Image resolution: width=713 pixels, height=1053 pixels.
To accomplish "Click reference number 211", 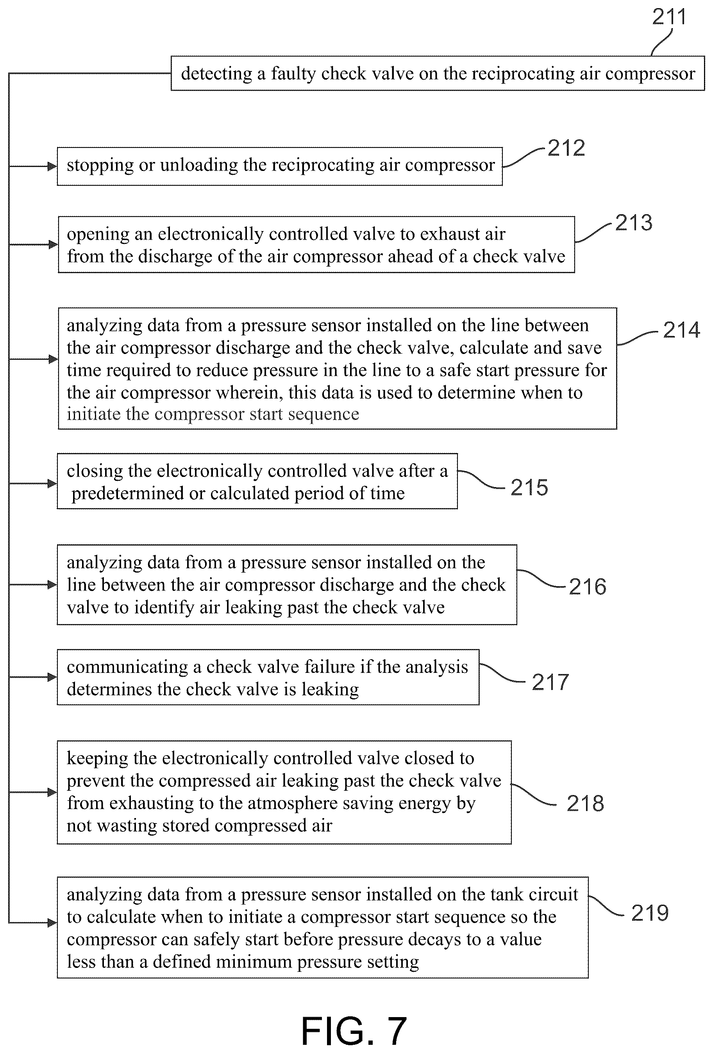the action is [669, 17].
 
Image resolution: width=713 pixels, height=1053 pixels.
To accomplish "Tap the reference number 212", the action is [566, 148].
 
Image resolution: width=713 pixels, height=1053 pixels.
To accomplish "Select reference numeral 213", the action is [634, 222].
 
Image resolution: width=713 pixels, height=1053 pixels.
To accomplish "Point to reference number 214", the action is [681, 330].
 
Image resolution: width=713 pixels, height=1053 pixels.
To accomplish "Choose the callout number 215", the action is [529, 487].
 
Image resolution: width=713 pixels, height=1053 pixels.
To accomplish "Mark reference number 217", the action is [550, 682].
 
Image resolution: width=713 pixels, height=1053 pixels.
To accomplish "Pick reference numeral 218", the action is [585, 803].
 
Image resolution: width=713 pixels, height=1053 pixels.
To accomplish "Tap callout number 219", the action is [650, 913].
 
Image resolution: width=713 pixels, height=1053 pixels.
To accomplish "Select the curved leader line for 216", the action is [541, 579].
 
